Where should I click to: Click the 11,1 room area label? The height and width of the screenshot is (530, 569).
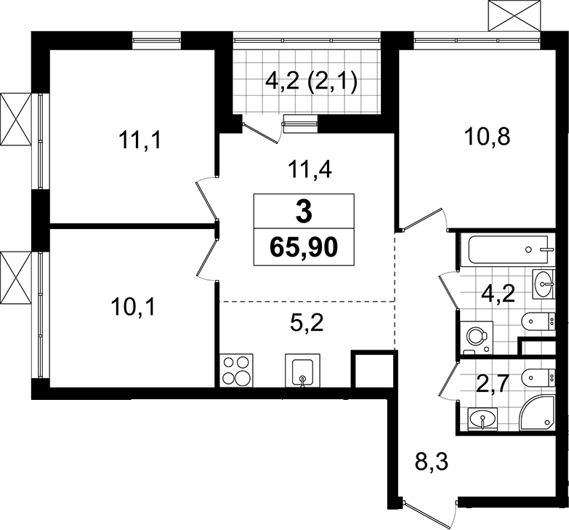[x=140, y=140]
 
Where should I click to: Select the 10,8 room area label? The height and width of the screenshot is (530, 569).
[x=488, y=137]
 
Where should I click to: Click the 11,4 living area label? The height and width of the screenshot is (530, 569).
[x=310, y=169]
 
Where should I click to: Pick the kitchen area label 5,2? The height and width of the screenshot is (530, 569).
[x=307, y=322]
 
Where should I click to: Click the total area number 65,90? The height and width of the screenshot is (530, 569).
[x=304, y=249]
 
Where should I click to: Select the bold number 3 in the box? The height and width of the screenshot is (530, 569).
[x=304, y=213]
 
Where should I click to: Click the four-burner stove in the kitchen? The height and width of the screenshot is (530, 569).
[x=237, y=370]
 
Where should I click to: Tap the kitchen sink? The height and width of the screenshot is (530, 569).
[x=302, y=371]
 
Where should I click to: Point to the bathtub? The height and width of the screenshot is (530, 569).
[x=507, y=250]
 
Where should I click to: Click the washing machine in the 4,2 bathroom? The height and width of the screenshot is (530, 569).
[x=476, y=337]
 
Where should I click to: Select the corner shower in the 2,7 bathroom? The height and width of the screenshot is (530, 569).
[x=537, y=413]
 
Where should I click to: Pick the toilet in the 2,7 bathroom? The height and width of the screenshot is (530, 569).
[x=538, y=377]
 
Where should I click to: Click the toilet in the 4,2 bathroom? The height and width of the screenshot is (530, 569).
[x=538, y=321]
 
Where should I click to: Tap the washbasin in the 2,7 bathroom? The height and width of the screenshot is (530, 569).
[x=483, y=419]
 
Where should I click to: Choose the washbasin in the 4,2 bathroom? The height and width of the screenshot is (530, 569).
[x=544, y=284]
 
